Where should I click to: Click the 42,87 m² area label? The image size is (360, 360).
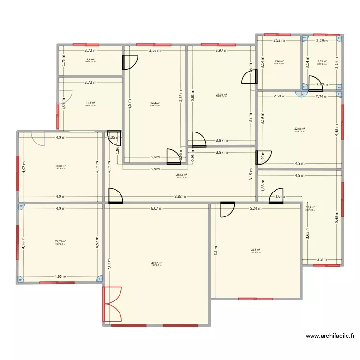point(157,263)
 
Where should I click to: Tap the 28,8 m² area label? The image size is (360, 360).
point(255,250)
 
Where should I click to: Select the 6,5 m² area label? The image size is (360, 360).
point(90,60)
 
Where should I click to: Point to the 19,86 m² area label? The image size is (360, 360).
point(61,166)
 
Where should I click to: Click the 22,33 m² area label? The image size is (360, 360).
point(60,242)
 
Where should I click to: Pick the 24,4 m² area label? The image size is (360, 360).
point(155,103)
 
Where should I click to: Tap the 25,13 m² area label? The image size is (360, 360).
point(181,175)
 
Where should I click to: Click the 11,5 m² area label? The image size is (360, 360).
point(90,103)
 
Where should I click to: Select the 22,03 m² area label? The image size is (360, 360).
point(300,129)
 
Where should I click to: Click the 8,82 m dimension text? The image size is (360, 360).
point(180,196)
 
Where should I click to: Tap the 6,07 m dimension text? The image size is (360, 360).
point(156,208)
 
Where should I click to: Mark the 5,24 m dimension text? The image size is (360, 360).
point(256,208)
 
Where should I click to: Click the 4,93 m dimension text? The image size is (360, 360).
point(60,276)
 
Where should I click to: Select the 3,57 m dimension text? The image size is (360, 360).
point(155,50)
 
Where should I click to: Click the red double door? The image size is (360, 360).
point(112,304)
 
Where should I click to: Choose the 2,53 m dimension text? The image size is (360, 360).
point(279,41)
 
